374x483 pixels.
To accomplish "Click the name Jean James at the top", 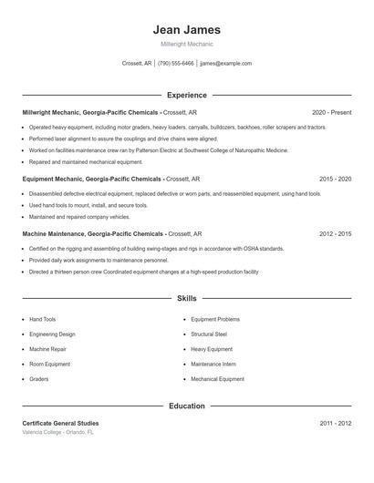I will pos(187,30).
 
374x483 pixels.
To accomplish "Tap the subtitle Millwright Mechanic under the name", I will pos(187,45).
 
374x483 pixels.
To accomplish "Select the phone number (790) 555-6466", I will pos(175,64).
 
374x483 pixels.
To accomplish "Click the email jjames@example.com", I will pos(225,64).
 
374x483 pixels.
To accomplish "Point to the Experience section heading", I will pos(187,95).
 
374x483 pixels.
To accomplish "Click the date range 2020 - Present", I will pos(331,112).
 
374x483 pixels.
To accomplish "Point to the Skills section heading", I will pos(187,298).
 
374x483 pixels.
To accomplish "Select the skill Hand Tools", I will pos(42,320).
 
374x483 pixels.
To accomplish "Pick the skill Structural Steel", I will pos(209,334).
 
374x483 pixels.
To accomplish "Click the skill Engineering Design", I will pos(53,334).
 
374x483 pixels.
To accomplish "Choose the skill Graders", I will pos(38,378).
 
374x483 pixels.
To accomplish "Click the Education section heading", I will pos(187,406).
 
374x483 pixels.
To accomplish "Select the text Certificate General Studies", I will pos(60,424).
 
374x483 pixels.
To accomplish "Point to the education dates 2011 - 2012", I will pos(335,424).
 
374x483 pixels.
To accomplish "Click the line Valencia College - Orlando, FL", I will pos(57,432).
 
